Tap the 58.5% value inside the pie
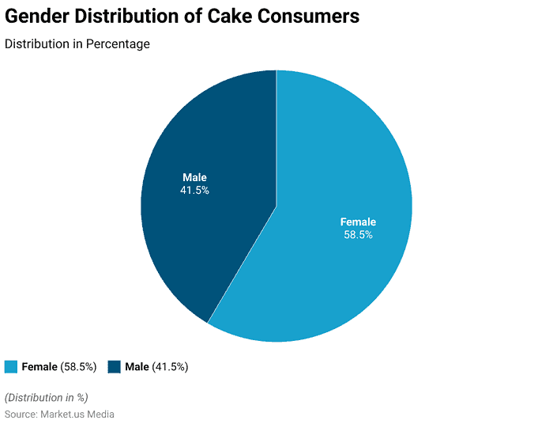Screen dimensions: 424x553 pyautogui.click(x=358, y=235)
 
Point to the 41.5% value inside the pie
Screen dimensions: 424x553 pyautogui.click(x=194, y=191)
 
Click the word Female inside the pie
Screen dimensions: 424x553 pyautogui.click(x=358, y=221)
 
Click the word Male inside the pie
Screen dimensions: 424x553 pyautogui.click(x=194, y=177)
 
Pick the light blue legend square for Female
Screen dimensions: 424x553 pyautogui.click(x=11, y=366)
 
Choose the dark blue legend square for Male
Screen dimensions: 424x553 pyautogui.click(x=114, y=366)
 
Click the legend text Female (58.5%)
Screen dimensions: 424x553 pyautogui.click(x=58, y=366)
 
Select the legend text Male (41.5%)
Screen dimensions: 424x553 pyautogui.click(x=156, y=366)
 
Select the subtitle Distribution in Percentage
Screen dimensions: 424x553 pyautogui.click(x=77, y=44)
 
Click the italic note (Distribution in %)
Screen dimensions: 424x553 pyautogui.click(x=47, y=397)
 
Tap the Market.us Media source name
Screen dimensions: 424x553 pyautogui.click(x=79, y=414)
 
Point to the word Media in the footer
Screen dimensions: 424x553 pyautogui.click(x=100, y=414)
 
